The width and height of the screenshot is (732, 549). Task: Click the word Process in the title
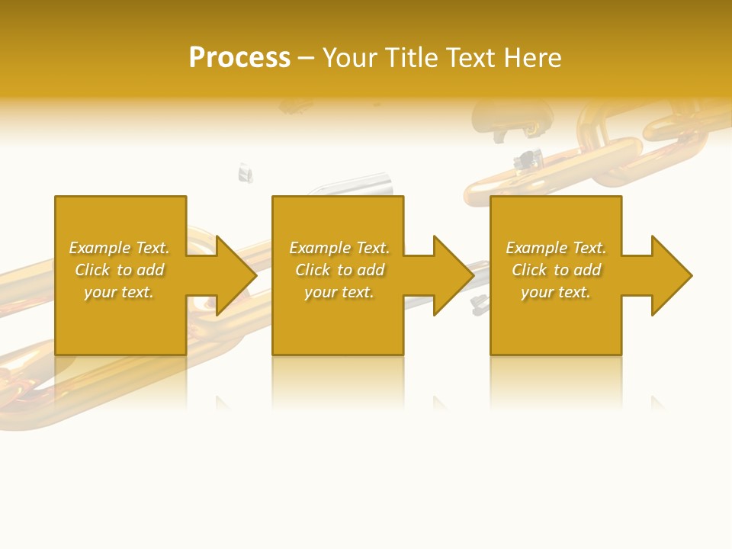(x=239, y=58)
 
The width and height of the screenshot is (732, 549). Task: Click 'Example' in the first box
(x=100, y=248)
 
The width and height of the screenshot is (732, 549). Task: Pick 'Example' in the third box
(x=537, y=248)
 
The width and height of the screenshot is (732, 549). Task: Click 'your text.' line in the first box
(x=119, y=292)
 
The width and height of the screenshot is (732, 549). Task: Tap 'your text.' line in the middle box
(x=339, y=292)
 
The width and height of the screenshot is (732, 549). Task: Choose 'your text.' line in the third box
(x=556, y=292)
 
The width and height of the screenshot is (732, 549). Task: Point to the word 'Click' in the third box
(x=530, y=270)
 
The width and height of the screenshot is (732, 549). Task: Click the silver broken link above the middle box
(x=358, y=185)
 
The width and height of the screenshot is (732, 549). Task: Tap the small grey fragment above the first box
(x=245, y=173)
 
